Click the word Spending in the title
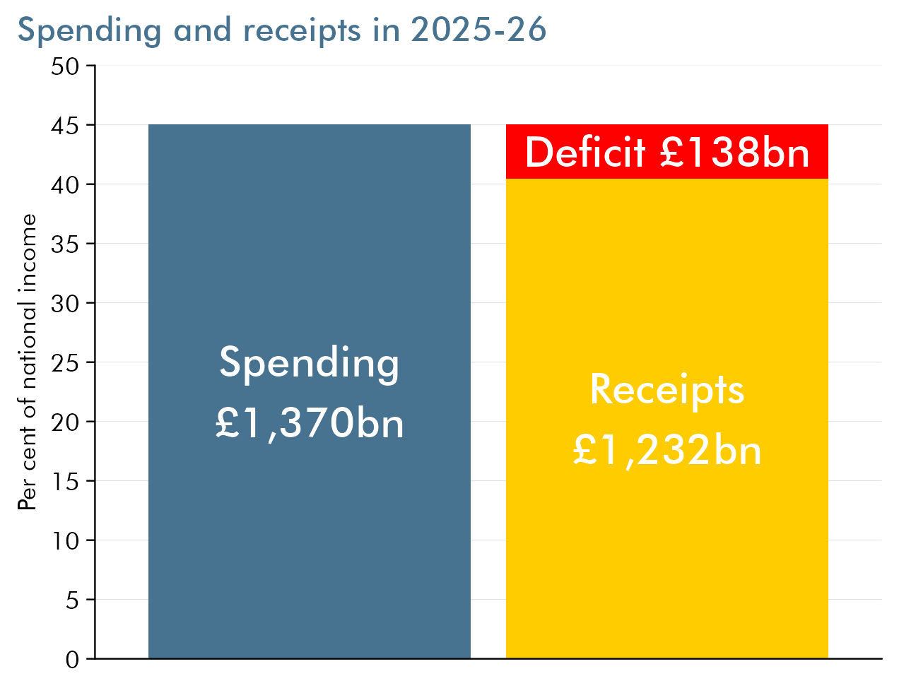pyautogui.click(x=89, y=30)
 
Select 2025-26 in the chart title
pyautogui.click(x=478, y=30)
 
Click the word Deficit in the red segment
pyautogui.click(x=585, y=152)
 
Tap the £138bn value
pyautogui.click(x=735, y=152)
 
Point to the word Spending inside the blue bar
pyautogui.click(x=309, y=363)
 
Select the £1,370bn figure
pyautogui.click(x=309, y=423)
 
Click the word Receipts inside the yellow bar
pyautogui.click(x=666, y=389)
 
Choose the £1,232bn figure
pyautogui.click(x=666, y=450)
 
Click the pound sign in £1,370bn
pyautogui.click(x=228, y=423)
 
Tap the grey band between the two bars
pyautogui.click(x=488, y=570)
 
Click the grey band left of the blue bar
pyautogui.click(x=122, y=570)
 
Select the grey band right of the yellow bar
pyautogui.click(x=854, y=570)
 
